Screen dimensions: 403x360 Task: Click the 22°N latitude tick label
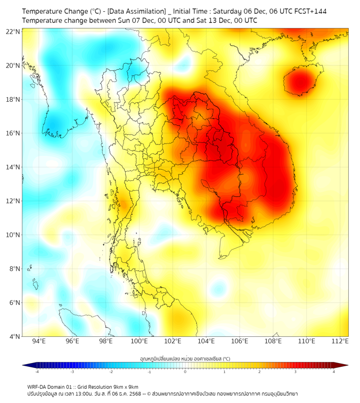tap(13, 31)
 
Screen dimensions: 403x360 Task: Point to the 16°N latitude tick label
tap(13, 133)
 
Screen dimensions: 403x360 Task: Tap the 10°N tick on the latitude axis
tap(13, 235)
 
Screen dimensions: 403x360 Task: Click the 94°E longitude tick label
tap(39, 341)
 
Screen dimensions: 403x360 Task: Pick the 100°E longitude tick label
tap(140, 341)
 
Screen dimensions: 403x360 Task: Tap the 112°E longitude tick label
tap(340, 341)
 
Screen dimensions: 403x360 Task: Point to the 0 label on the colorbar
tap(185, 372)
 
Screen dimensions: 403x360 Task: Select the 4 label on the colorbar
tap(333, 372)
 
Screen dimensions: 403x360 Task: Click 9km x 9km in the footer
tap(126, 386)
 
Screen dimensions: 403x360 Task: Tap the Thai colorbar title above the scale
tap(185, 359)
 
